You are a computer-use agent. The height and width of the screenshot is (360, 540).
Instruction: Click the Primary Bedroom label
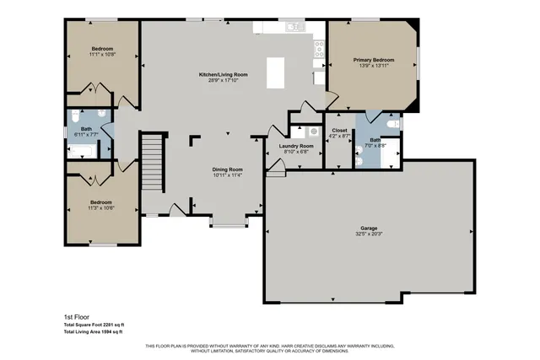(373, 60)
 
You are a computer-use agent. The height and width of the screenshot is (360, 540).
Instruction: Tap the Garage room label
(369, 228)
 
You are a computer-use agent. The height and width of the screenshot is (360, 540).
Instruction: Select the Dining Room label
(227, 169)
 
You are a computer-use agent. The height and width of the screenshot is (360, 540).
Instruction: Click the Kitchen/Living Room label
(223, 75)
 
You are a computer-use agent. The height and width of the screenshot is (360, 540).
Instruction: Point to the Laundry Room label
(296, 146)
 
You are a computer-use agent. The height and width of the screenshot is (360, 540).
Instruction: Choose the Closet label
(339, 131)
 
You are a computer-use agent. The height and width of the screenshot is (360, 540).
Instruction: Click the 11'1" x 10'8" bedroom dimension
(103, 55)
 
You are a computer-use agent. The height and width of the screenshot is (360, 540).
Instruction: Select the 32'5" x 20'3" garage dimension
(369, 234)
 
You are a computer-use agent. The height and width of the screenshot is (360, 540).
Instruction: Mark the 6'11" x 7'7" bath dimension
(86, 134)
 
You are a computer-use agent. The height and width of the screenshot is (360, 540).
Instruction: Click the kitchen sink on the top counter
(293, 27)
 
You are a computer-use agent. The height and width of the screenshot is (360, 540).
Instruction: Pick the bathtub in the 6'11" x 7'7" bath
(83, 152)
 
